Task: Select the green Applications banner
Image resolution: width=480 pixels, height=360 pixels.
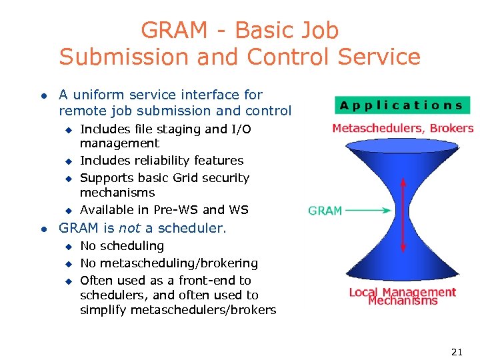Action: [x=402, y=105]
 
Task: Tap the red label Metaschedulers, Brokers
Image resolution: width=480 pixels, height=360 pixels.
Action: [x=403, y=128]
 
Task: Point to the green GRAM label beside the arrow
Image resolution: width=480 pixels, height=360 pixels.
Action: [x=325, y=211]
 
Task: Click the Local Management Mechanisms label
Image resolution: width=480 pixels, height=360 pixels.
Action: [x=403, y=296]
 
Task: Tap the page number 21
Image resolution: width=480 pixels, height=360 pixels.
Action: [x=457, y=351]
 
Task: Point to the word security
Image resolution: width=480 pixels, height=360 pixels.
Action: [x=225, y=178]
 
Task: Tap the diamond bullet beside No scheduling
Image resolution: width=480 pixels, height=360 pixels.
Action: [x=67, y=247]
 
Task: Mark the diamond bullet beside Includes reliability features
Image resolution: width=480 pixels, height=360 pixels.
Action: [x=67, y=161]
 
